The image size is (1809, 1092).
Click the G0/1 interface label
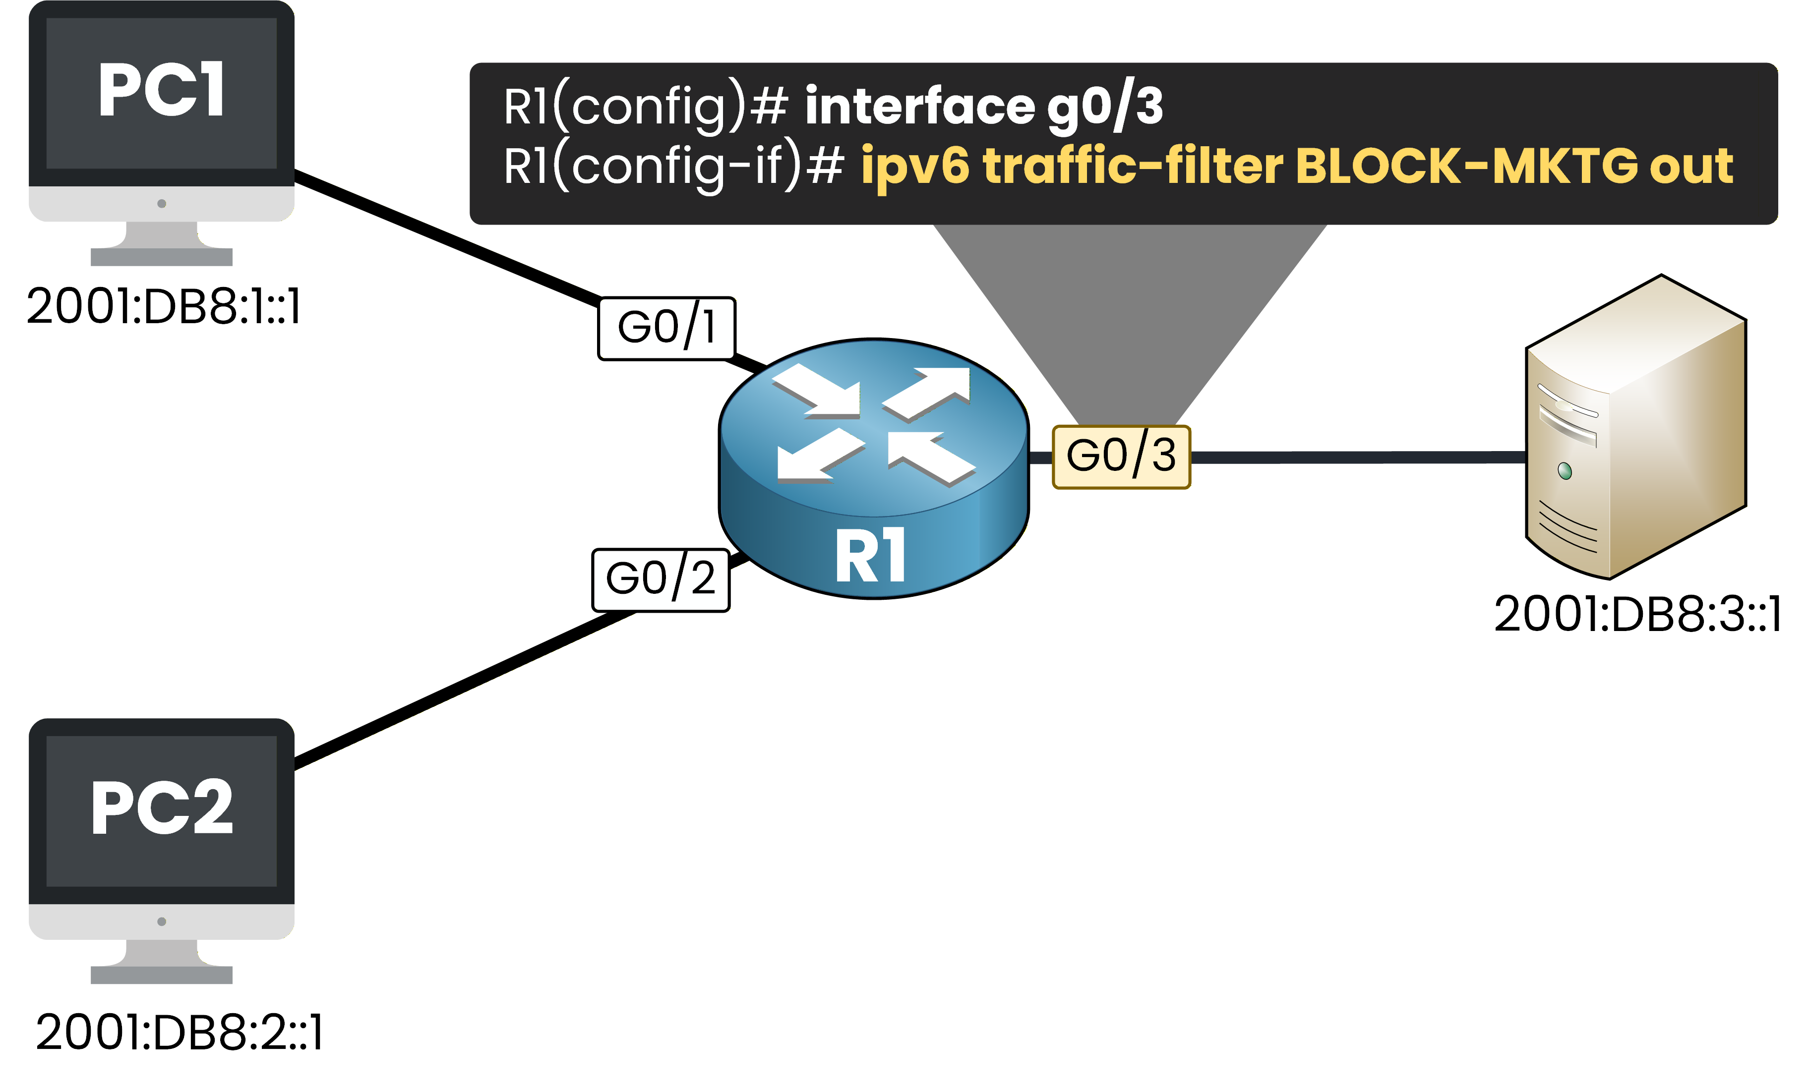click(666, 328)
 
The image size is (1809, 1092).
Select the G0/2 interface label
click(660, 579)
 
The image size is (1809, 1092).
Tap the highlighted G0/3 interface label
click(1120, 457)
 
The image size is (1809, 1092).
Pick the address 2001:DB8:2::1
click(179, 1033)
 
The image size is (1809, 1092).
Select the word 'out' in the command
click(1691, 167)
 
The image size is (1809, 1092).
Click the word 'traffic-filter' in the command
click(1133, 166)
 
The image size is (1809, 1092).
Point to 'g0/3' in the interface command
click(1105, 107)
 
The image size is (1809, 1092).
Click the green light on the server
click(1565, 470)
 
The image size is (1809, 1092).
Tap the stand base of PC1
click(162, 256)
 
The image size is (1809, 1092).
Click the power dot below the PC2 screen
click(162, 921)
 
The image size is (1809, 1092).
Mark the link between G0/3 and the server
click(1358, 457)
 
